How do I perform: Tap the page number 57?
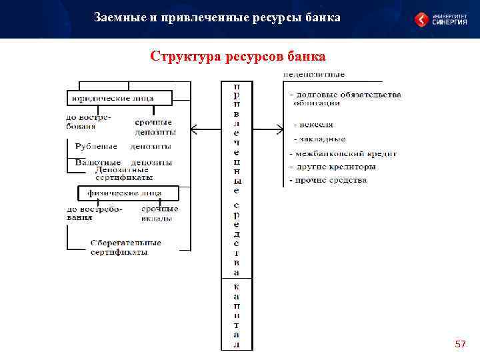coord(459,344)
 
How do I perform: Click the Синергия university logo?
coord(440,19)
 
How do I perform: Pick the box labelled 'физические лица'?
coord(124,193)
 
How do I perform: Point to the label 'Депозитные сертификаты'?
coord(124,173)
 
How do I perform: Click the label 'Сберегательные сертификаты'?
coord(120,247)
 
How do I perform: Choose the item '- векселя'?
coord(313,125)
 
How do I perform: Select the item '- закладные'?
coord(319,139)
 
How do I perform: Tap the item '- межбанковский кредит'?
coord(343,153)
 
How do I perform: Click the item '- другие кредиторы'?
coord(333,167)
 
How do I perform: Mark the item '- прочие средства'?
coord(328,180)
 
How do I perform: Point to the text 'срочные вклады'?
coord(159,213)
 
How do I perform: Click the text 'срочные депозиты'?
coord(155,127)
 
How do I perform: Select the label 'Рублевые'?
coord(96,146)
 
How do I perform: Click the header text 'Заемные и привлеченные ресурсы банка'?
coord(217,17)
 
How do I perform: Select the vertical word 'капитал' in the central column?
coord(237,315)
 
